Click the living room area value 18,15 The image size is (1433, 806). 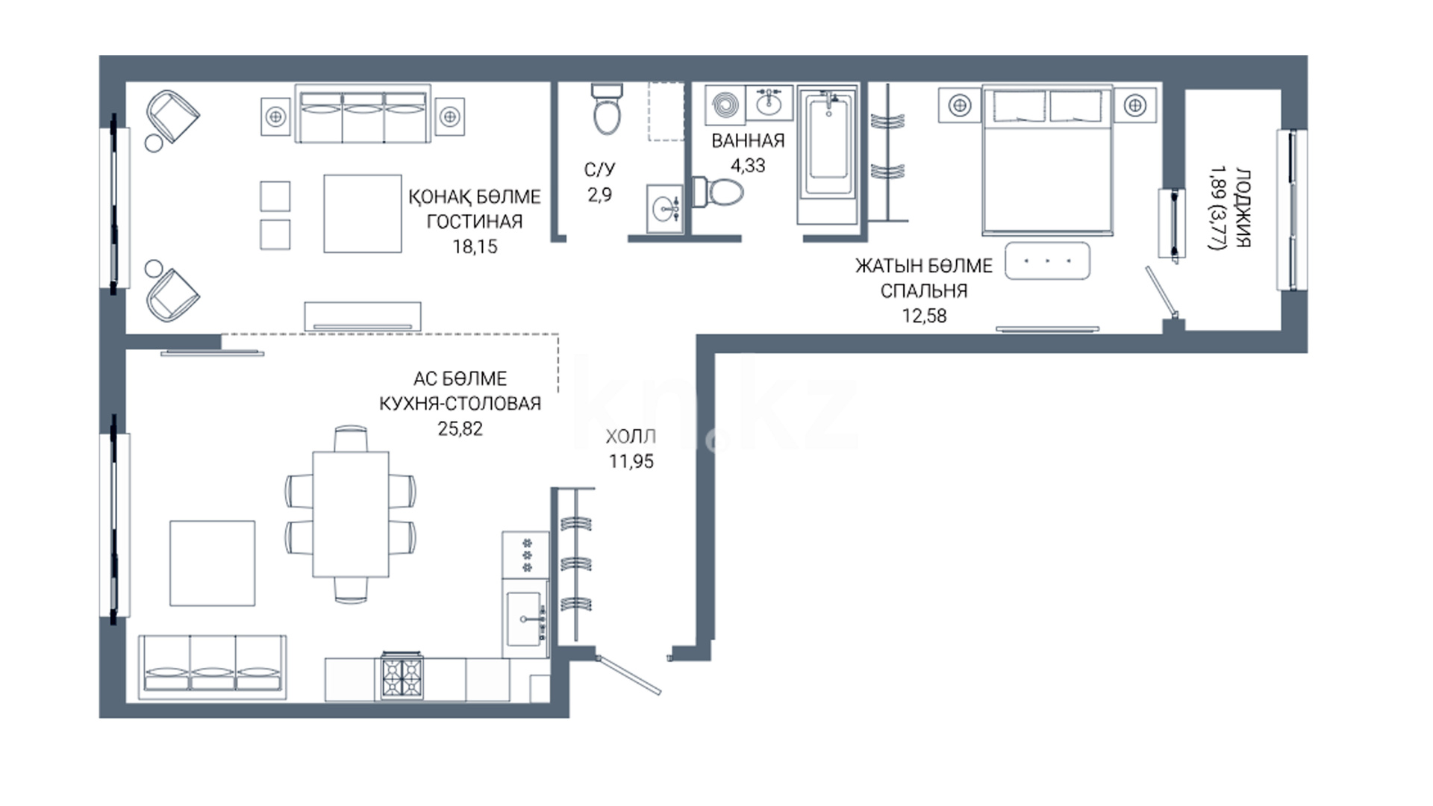(475, 246)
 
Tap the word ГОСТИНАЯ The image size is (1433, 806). (475, 222)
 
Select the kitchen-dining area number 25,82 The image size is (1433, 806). (461, 428)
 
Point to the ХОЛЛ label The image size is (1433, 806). (631, 437)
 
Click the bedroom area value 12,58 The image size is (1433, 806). (924, 316)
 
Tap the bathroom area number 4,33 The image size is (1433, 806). (748, 166)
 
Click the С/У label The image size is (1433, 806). (600, 170)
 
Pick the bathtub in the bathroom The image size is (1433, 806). (828, 155)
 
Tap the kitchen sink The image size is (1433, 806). (525, 618)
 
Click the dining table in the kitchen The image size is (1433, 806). (351, 513)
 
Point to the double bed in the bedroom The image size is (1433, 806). (1048, 160)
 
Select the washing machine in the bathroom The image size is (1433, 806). (725, 104)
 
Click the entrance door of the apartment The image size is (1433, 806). (629, 675)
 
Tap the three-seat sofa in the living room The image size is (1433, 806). (363, 114)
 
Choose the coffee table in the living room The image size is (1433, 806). (363, 213)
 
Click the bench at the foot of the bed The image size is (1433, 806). (1047, 261)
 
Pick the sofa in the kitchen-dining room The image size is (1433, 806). (213, 668)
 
